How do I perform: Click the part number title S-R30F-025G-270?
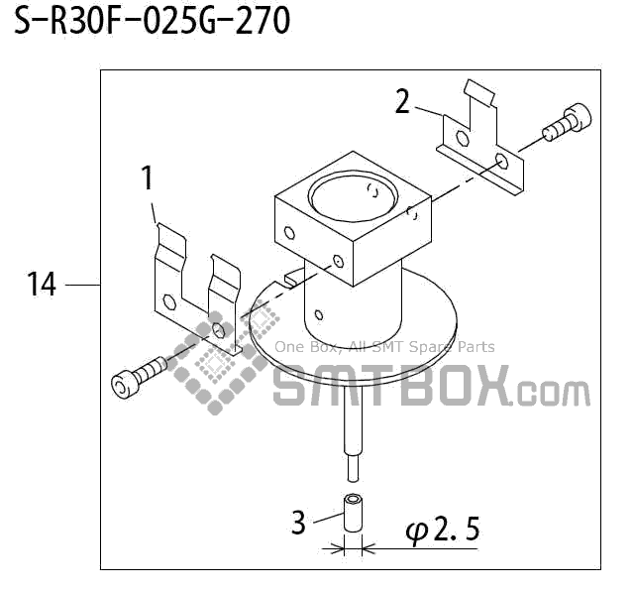tap(152, 21)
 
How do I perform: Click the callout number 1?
tap(147, 178)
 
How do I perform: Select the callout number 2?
tap(402, 101)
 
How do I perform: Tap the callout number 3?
tap(298, 522)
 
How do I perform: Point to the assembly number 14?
tap(41, 286)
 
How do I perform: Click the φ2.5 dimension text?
tap(442, 532)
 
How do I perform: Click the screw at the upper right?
tap(565, 123)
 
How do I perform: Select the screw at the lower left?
tap(139, 378)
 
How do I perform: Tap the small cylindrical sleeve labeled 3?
tap(353, 512)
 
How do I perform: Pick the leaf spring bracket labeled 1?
tap(194, 288)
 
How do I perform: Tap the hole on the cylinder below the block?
tap(318, 315)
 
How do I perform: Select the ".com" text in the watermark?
tap(554, 392)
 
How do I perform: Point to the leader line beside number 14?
tap(81, 286)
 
